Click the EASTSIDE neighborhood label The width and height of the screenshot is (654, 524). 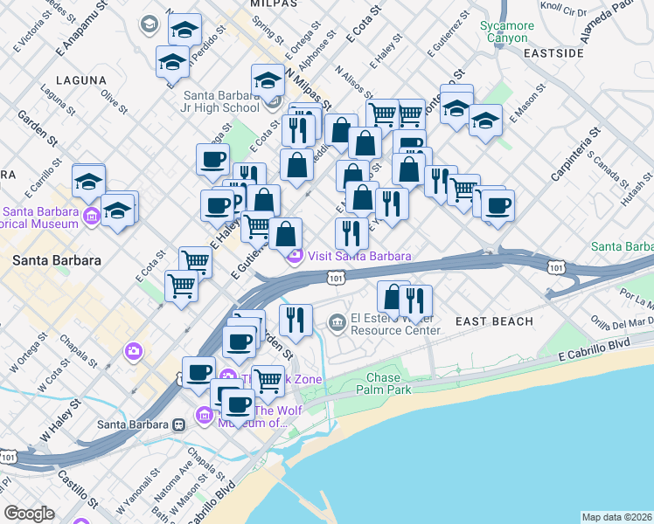pos(553,53)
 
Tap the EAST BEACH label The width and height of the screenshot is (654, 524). pos(494,321)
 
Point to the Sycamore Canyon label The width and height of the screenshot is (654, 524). pos(506,32)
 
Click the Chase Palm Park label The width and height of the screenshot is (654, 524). pos(384,383)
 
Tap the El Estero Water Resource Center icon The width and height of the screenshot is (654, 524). pos(337,324)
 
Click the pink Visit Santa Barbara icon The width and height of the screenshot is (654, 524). pos(296,256)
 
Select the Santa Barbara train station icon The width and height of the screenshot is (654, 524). pos(178,424)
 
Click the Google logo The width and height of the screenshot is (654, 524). pos(29,513)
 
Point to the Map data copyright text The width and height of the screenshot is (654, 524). pos(616,517)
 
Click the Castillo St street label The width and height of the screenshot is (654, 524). pos(77,488)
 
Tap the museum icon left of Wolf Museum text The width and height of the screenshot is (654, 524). pos(205,416)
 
